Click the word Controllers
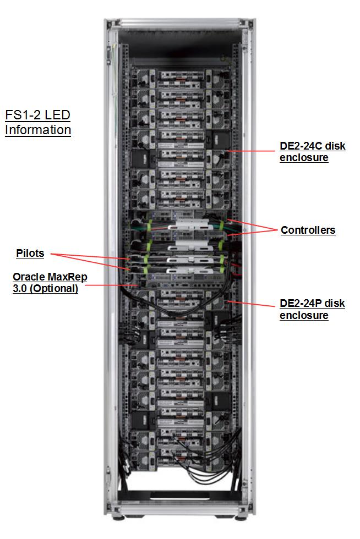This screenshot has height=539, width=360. (x=308, y=230)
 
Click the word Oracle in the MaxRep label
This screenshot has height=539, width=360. (x=29, y=277)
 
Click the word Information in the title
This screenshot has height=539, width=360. (x=38, y=130)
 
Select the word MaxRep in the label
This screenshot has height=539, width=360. (x=67, y=277)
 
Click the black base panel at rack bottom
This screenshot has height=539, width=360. (x=179, y=495)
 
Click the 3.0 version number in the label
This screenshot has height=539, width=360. (x=20, y=289)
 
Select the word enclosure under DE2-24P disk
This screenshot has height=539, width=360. (x=304, y=315)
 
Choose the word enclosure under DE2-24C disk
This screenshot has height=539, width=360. (x=304, y=158)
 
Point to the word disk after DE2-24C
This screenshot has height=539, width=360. (x=331, y=147)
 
